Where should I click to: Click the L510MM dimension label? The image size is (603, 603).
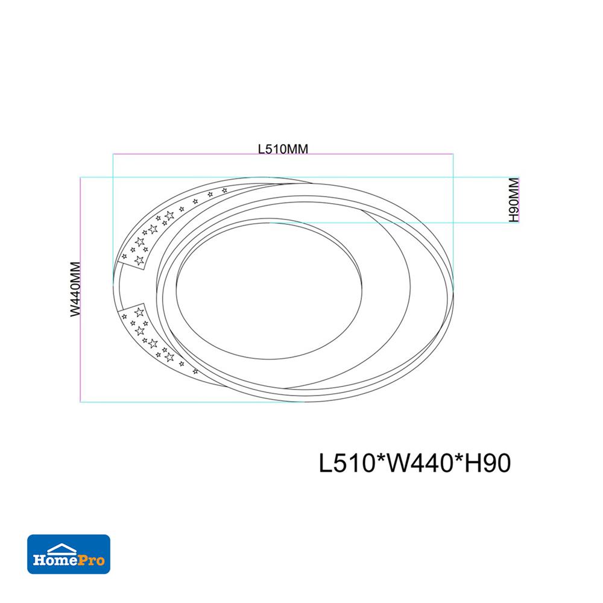[x=283, y=148]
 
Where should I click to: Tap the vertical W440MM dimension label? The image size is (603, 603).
[x=75, y=290]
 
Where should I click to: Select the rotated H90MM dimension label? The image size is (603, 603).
[x=514, y=200]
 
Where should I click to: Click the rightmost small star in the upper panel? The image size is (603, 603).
[x=225, y=191]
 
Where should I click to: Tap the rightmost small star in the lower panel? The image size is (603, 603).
[x=194, y=371]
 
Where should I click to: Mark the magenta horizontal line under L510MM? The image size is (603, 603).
[x=283, y=156]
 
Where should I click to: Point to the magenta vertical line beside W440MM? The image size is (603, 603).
[x=81, y=290]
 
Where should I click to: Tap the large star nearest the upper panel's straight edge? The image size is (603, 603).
[x=139, y=260]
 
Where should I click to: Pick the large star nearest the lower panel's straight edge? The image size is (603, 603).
[x=138, y=311]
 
